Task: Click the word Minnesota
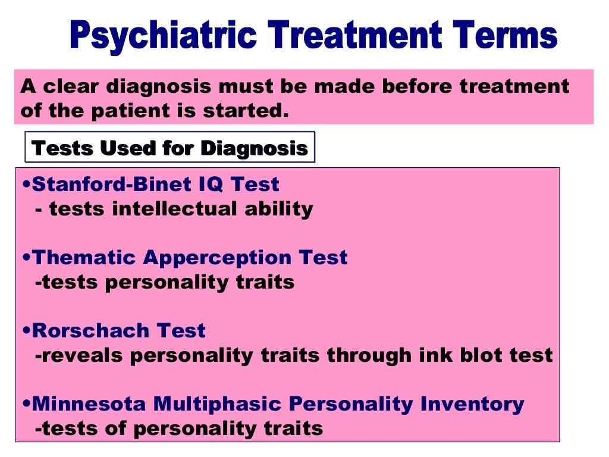(89, 404)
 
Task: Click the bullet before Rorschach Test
(27, 331)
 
